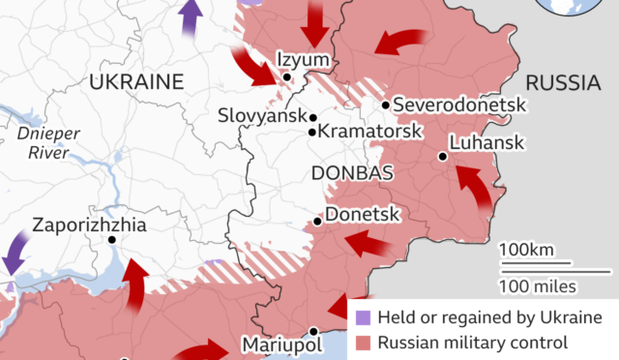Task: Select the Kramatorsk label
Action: click(364, 132)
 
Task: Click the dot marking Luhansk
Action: click(442, 156)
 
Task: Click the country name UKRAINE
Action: click(135, 82)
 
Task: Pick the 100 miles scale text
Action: click(538, 285)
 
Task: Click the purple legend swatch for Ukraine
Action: click(363, 317)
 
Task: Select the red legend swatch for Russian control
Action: click(363, 342)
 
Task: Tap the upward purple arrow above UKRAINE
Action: click(192, 18)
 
